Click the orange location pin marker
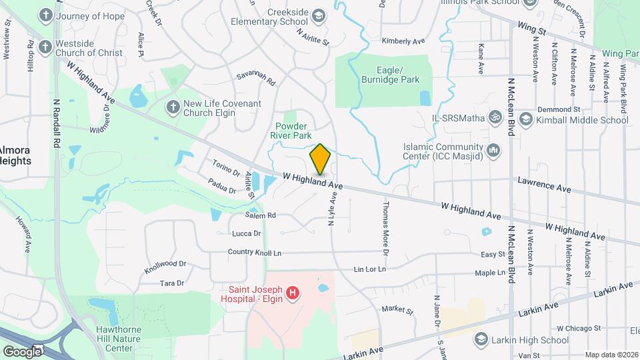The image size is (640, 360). [x=320, y=159]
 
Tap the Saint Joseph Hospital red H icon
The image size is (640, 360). [x=292, y=293]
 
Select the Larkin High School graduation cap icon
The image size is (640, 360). [x=480, y=340]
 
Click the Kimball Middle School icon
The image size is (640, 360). [x=525, y=119]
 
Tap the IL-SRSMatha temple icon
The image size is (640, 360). [x=495, y=118]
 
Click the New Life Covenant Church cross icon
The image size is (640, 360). [x=173, y=107]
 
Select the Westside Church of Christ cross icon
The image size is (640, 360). [x=45, y=47]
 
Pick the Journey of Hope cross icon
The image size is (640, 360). [x=45, y=15]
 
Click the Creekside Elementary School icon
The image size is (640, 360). [x=318, y=15]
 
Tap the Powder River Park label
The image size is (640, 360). [x=292, y=129]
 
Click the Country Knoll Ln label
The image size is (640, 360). [x=255, y=253]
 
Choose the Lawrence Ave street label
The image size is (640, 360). [x=545, y=185]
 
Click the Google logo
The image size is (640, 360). [x=23, y=351]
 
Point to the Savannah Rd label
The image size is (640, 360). [x=255, y=80]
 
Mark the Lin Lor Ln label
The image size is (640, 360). [x=370, y=269]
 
